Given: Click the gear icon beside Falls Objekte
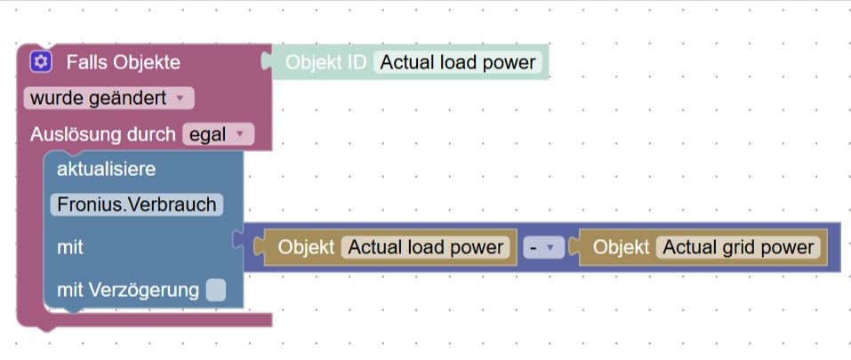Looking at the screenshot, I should click(x=39, y=62).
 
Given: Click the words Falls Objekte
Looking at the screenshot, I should click(x=123, y=62).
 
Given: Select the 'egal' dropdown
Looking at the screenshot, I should click(x=217, y=134).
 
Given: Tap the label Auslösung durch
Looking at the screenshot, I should click(x=102, y=134).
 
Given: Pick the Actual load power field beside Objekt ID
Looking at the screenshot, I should click(x=458, y=62).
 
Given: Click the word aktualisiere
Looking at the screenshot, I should click(x=107, y=169).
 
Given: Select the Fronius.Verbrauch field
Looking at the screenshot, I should click(x=137, y=204).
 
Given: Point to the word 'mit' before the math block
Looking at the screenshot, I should click(x=70, y=247).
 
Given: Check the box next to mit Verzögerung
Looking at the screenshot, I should click(x=215, y=290).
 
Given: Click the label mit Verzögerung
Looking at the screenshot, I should click(x=128, y=290).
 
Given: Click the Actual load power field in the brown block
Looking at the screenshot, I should click(x=426, y=247).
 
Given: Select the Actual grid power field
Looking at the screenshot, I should click(x=738, y=247).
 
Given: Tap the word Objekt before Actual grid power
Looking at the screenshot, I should click(x=621, y=247).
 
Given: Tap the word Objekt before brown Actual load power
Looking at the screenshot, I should click(x=306, y=247).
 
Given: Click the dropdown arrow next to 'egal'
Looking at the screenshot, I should click(x=238, y=134).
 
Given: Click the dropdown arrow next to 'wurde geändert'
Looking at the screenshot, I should click(x=180, y=98).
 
